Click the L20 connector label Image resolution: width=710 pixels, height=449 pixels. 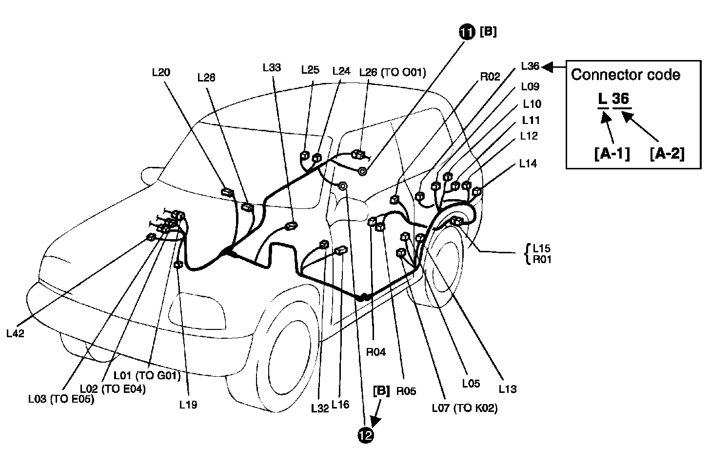pyautogui.click(x=161, y=73)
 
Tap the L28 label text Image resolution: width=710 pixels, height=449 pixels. pyautogui.click(x=206, y=78)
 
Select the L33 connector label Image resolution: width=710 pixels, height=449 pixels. pyautogui.click(x=271, y=68)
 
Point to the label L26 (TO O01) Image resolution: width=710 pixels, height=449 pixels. pyautogui.click(x=393, y=72)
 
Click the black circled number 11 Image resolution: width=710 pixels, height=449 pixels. pyautogui.click(x=467, y=32)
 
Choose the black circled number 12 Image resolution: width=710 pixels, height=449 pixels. pyautogui.click(x=366, y=435)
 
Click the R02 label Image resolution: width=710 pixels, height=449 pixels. pyautogui.click(x=490, y=77)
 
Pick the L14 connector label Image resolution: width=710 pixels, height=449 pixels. pyautogui.click(x=528, y=164)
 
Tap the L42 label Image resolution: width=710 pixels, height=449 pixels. pyautogui.click(x=15, y=333)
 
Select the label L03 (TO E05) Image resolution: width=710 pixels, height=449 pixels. pyautogui.click(x=61, y=399)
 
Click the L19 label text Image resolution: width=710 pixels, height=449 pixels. pyautogui.click(x=188, y=405)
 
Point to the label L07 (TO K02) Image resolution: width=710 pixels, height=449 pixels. pyautogui.click(x=465, y=408)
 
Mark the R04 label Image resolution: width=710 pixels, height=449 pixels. pyautogui.click(x=375, y=352)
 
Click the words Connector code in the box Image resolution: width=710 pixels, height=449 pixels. pyautogui.click(x=626, y=75)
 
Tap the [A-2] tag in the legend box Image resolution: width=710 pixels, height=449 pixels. pyautogui.click(x=667, y=154)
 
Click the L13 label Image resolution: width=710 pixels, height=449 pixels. pyautogui.click(x=507, y=389)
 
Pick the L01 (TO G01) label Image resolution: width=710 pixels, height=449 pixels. pyautogui.click(x=147, y=376)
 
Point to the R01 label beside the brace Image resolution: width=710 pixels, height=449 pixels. pyautogui.click(x=542, y=259)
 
